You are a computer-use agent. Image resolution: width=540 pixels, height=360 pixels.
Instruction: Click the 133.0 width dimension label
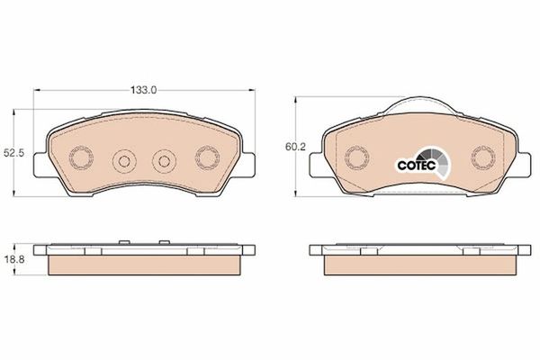tap(143, 90)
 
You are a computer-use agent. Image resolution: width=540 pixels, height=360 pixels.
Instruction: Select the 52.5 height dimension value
tap(14, 153)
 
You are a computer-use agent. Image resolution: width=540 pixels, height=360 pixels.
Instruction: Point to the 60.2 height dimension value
tap(295, 147)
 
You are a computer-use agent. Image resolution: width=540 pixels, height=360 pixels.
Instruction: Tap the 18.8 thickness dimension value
tap(14, 260)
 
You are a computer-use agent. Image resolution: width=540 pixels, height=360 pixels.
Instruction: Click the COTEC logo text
tap(417, 166)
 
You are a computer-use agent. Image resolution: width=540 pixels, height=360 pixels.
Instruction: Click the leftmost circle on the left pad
tap(81, 157)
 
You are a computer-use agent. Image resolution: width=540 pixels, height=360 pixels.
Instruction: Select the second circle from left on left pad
tap(124, 161)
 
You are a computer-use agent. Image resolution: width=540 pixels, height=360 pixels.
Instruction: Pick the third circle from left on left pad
tap(165, 161)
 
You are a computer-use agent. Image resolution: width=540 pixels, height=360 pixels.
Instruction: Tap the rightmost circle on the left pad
tap(207, 157)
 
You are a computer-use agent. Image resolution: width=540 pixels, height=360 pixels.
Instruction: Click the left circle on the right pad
tap(356, 157)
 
